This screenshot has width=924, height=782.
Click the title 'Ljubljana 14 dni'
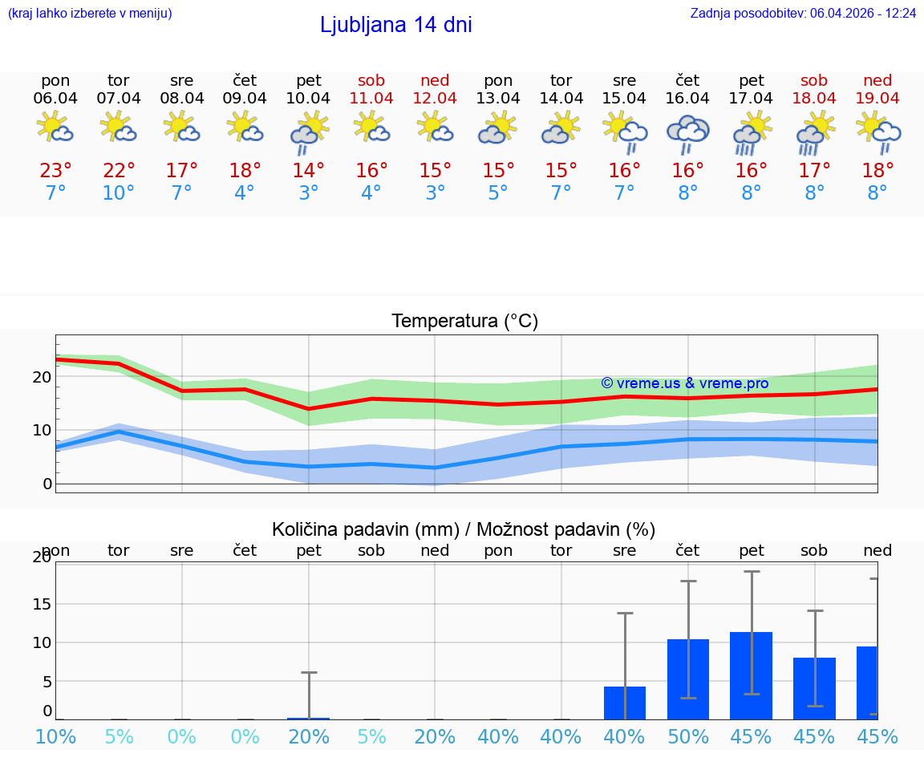point(395,25)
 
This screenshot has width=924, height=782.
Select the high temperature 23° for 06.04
point(55,171)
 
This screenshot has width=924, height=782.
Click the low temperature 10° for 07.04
point(119,193)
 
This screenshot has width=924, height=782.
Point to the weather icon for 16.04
point(687,132)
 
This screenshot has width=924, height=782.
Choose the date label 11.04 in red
point(371,98)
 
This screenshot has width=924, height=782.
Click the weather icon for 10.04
point(309,132)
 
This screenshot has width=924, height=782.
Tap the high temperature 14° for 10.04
point(309,171)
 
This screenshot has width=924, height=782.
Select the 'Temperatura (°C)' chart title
point(464,322)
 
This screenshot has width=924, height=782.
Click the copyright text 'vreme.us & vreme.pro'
point(684,383)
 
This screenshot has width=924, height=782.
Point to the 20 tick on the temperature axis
point(42,377)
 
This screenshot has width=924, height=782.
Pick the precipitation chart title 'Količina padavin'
point(464,529)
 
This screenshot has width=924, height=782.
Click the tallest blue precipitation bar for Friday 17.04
point(751,675)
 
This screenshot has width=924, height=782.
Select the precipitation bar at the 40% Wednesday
point(625,703)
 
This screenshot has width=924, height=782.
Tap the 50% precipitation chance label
point(687,737)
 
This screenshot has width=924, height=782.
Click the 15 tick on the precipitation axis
point(41,604)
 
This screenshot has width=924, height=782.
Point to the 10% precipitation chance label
point(55,737)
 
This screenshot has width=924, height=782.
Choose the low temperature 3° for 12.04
point(435,193)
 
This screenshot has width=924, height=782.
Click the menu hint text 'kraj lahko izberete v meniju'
point(89,13)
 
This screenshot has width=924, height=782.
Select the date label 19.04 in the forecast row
point(877,98)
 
